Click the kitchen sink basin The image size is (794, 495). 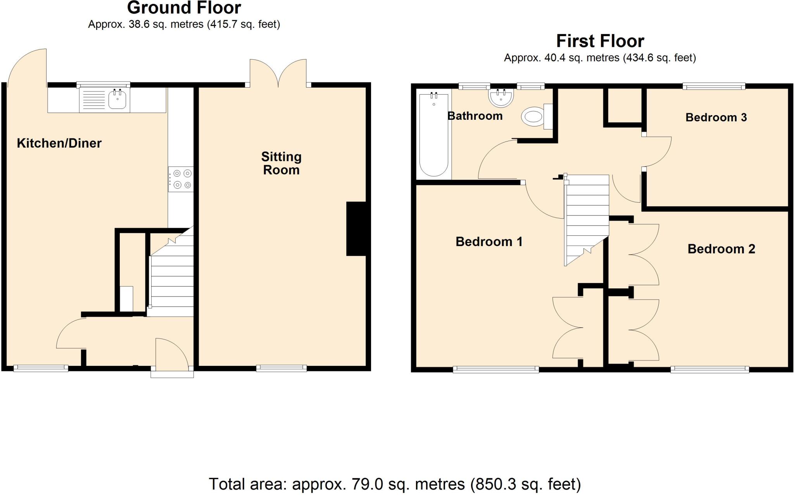(x=117, y=100)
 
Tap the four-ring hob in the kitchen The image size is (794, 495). (x=181, y=179)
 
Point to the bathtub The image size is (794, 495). (x=433, y=134)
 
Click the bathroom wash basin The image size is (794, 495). (x=501, y=97)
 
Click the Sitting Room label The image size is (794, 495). (x=281, y=163)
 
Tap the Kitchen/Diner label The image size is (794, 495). (x=59, y=143)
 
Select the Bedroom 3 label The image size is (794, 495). (x=716, y=117)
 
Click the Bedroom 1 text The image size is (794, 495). (x=488, y=241)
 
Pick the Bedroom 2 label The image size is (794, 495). (x=721, y=248)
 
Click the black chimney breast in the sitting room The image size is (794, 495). (x=356, y=229)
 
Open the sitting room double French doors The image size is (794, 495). (x=278, y=74)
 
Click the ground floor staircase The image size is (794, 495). (x=172, y=279)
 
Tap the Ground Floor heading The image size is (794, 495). (x=184, y=8)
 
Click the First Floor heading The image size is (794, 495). (x=600, y=41)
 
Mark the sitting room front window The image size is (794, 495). (x=281, y=368)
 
